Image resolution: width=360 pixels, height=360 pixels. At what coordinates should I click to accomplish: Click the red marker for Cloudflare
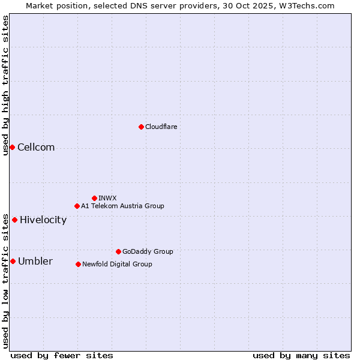(141, 127)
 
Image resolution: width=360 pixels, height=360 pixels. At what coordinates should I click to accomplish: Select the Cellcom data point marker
(12, 147)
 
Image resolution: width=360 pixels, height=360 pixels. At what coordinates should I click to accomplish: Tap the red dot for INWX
(94, 198)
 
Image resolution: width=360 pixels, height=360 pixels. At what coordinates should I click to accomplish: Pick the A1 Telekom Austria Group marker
(77, 206)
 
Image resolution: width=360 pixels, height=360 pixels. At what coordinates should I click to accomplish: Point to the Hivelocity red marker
(14, 220)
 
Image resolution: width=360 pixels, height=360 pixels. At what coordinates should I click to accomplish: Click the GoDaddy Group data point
(118, 251)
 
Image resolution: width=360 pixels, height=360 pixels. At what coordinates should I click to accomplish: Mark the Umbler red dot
(13, 261)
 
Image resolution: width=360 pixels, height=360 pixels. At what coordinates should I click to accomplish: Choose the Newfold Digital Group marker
(78, 264)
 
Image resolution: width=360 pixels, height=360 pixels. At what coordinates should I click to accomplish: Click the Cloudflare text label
(161, 127)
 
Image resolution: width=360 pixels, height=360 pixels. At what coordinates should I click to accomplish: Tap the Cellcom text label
(36, 148)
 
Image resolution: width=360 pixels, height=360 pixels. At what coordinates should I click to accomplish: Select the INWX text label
(107, 198)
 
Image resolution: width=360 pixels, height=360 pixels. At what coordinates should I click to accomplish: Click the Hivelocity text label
(43, 220)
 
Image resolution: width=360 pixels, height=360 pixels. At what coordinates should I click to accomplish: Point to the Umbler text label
(35, 262)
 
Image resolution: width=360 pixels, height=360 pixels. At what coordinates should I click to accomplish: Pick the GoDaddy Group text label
(148, 251)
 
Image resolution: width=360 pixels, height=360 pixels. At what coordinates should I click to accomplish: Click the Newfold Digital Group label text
(117, 264)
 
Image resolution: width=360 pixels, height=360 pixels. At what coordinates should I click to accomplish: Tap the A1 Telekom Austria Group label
(122, 206)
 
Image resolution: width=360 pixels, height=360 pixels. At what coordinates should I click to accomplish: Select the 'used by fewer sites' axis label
(62, 355)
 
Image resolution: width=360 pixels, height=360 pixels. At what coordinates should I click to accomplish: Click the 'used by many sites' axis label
(301, 355)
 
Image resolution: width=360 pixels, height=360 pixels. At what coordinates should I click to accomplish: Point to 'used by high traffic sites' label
(5, 85)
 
